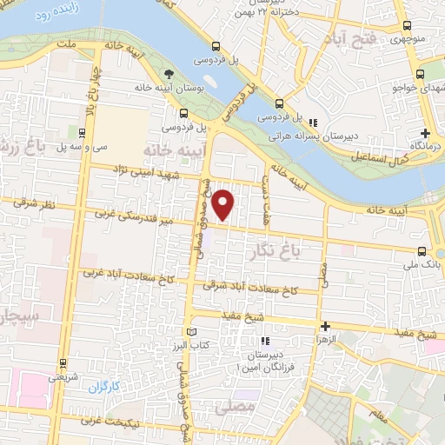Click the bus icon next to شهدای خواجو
(422, 75)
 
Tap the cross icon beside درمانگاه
(425, 133)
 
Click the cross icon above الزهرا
(325, 327)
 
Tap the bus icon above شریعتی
(62, 364)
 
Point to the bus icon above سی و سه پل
(80, 133)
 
